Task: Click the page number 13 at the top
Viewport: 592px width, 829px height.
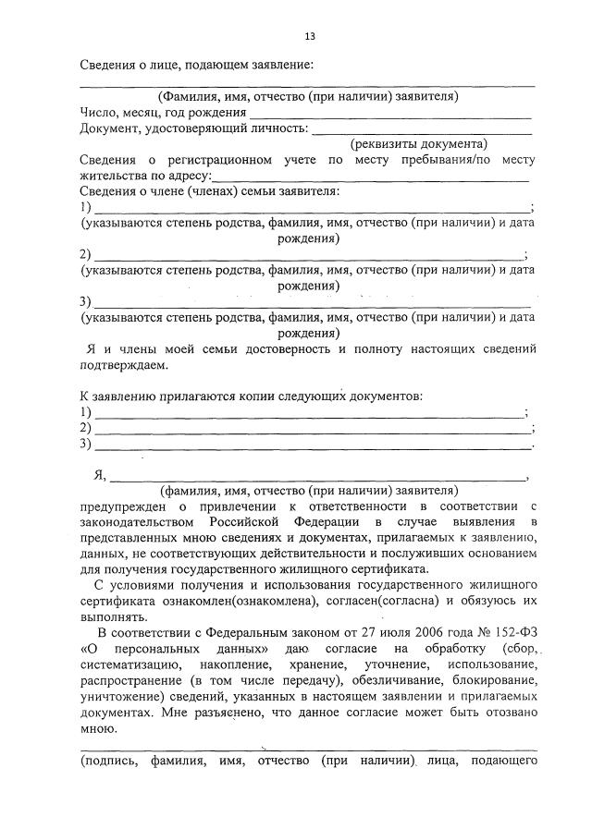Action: tap(310, 36)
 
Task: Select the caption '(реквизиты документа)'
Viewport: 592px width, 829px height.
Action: tap(418, 144)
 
